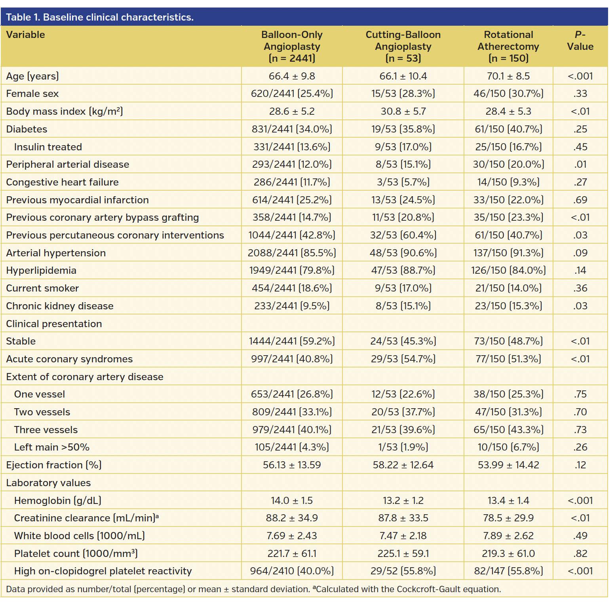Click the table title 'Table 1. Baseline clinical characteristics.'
pos(100,17)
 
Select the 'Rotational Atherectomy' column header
pos(508,46)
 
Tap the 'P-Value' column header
pos(580,41)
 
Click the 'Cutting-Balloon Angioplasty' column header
pos(403,46)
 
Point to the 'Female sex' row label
pos(32,94)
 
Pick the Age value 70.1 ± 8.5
pos(508,76)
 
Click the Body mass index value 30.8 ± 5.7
pos(403,112)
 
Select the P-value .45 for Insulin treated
pos(580,147)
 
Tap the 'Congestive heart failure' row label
pos(63,182)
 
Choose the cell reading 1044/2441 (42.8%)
pos(292,235)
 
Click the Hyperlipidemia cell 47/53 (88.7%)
pos(403,271)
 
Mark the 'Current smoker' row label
pos(42,288)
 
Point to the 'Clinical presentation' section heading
pos(54,324)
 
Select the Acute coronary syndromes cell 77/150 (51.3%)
pos(508,359)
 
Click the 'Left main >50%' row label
pos(52,447)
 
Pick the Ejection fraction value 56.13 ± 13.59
pos(292,465)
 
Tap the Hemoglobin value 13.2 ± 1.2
pos(403,501)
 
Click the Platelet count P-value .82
pos(580,554)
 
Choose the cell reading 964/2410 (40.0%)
pos(292,571)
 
